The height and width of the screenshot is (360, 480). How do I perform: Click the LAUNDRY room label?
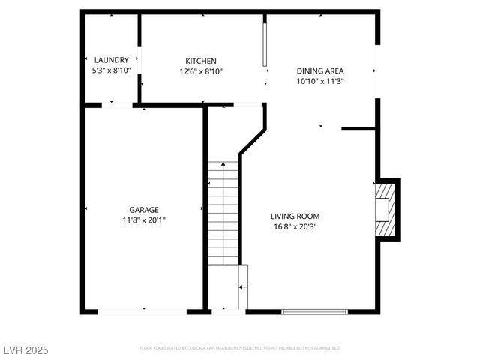[x=112, y=60]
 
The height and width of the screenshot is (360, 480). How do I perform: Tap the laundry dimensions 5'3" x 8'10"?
[x=112, y=70]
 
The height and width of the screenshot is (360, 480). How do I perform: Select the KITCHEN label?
[x=201, y=61]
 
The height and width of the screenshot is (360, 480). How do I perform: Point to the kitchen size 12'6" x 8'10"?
[x=201, y=71]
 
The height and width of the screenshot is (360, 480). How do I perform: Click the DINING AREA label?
[x=320, y=70]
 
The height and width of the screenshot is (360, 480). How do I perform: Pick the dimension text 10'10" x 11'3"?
[x=320, y=81]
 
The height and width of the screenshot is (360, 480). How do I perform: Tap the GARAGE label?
[x=144, y=210]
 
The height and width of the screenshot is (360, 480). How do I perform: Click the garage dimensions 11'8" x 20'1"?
[x=144, y=220]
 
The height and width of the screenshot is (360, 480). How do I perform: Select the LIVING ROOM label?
[x=295, y=216]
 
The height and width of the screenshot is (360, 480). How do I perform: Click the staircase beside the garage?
[x=223, y=214]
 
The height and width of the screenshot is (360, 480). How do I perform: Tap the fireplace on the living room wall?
[x=385, y=210]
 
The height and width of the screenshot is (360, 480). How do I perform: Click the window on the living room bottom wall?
[x=315, y=311]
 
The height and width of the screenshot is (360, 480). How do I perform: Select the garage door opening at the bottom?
[x=142, y=311]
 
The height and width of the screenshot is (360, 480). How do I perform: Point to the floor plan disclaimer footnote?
[x=240, y=348]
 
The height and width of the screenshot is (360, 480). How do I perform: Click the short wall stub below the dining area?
[x=358, y=129]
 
